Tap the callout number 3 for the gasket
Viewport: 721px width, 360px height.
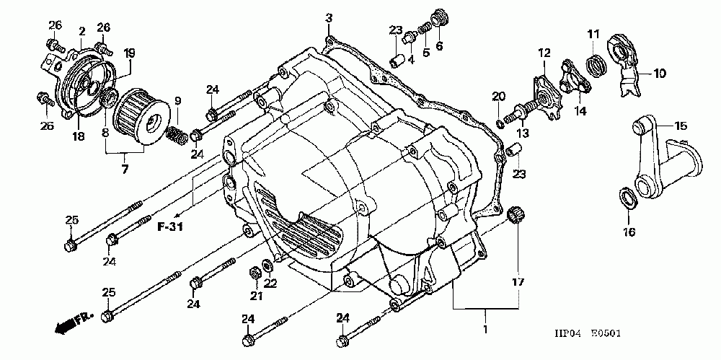point(328,17)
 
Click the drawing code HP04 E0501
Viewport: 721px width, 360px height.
point(588,334)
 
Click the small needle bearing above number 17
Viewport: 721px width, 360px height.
point(516,214)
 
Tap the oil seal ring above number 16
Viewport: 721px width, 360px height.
point(627,196)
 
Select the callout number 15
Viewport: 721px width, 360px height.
point(680,126)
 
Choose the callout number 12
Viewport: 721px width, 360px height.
point(543,52)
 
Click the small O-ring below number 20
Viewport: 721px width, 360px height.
point(500,110)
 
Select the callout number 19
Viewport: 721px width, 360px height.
point(130,52)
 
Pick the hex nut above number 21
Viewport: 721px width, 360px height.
point(255,273)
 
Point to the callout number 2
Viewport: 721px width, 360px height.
point(82,31)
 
